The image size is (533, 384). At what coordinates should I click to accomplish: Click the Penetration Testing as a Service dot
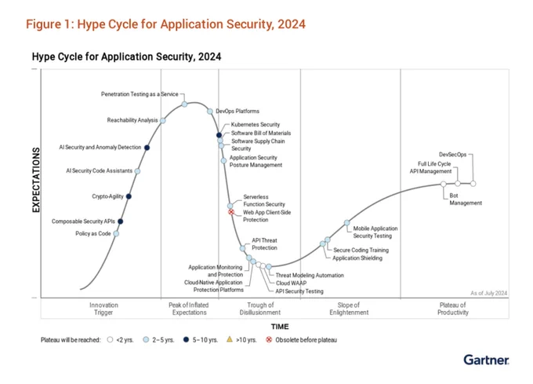point(184,104)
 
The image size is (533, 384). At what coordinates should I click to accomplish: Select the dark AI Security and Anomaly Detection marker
point(147,148)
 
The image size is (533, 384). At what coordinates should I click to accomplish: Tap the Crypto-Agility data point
point(129,196)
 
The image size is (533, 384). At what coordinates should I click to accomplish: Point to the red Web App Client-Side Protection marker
point(231,212)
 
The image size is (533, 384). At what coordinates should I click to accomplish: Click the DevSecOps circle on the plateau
point(473,184)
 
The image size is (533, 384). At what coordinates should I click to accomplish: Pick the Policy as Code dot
point(116,233)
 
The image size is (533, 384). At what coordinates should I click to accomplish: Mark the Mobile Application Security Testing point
point(346,223)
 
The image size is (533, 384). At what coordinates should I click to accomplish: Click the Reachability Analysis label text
point(132,120)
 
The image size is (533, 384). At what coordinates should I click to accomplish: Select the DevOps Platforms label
point(237,112)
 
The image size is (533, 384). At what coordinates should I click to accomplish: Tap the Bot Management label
point(466,199)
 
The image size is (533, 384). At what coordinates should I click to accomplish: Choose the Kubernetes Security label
point(256,125)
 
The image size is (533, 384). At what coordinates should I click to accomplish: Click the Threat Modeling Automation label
point(310,275)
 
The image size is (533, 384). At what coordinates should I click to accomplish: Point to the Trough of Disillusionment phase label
point(260,309)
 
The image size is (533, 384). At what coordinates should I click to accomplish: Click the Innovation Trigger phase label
point(103,309)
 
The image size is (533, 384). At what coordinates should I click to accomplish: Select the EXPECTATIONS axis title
point(36,180)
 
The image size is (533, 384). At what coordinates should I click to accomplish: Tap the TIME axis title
point(280,327)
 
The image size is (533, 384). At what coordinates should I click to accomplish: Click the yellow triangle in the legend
point(230,339)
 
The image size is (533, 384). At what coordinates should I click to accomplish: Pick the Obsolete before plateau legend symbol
point(269,339)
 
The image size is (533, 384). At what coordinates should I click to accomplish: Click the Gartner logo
point(486,360)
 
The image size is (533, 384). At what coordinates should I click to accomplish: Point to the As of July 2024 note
point(488,293)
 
